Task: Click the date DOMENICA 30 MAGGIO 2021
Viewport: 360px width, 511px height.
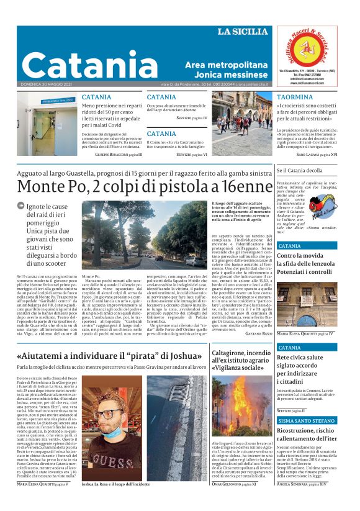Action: click(47, 84)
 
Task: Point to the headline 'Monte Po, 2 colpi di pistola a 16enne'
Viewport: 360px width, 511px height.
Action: click(145, 187)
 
